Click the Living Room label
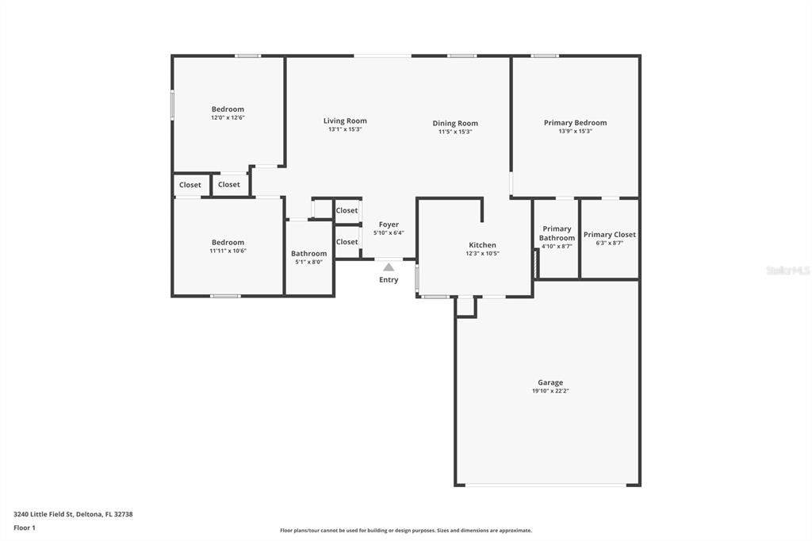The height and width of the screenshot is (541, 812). [x=345, y=121]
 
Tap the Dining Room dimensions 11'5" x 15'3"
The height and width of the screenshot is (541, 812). [x=455, y=132]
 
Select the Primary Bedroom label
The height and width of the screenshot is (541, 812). [x=575, y=123]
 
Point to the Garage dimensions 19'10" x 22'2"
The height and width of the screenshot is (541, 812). [x=550, y=391]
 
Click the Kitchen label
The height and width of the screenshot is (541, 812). [x=482, y=245]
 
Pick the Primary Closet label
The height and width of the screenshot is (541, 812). [x=609, y=235]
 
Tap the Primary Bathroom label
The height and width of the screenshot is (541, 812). [x=557, y=233]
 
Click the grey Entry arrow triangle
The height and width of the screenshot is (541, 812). [x=389, y=267]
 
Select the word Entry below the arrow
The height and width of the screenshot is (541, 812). [x=389, y=280]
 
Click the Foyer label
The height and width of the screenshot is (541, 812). [x=389, y=224]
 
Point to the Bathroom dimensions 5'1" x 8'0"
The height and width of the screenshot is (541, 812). [x=308, y=262]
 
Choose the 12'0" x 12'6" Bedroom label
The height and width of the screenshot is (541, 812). [x=228, y=109]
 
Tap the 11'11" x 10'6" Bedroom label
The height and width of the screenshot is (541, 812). [x=228, y=243]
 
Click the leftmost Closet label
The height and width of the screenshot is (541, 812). [x=190, y=185]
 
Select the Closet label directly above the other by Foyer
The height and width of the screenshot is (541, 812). [x=347, y=210]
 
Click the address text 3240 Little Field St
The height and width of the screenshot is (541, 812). [x=73, y=514]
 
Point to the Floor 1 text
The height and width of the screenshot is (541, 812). [x=25, y=528]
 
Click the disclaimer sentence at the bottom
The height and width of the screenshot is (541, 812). [x=405, y=531]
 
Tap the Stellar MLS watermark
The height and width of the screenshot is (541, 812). [x=787, y=270]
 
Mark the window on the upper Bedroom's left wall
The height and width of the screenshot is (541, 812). [x=172, y=106]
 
